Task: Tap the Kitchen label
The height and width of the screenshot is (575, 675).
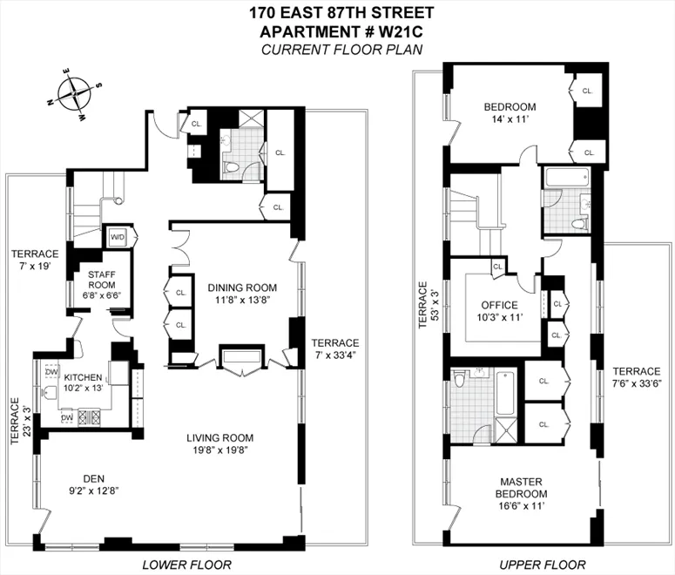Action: (x=82, y=377)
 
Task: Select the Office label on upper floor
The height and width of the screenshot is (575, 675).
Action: (x=499, y=306)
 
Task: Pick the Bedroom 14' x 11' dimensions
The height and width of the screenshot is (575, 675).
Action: (x=510, y=119)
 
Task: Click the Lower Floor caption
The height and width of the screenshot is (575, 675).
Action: (x=186, y=565)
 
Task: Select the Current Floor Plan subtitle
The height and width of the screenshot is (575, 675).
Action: (x=341, y=49)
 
